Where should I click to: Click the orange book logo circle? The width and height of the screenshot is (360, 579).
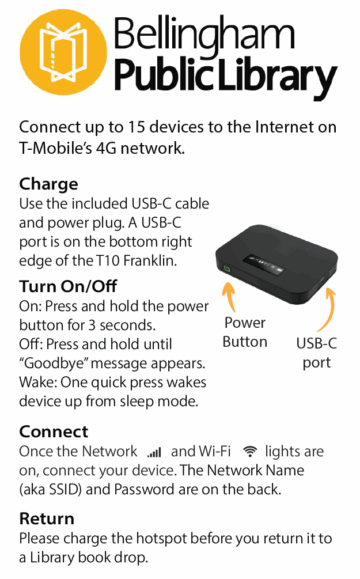point(63,52)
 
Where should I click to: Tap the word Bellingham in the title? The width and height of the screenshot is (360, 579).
point(205,36)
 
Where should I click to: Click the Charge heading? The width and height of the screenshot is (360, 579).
point(48,184)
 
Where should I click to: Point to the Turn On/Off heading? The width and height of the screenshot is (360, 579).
point(68,286)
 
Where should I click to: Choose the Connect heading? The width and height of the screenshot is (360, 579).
point(54,432)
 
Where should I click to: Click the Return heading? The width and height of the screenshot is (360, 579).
point(47,518)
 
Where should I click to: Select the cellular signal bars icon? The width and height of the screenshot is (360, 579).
point(154,452)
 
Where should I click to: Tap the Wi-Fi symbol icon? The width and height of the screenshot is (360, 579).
point(250,451)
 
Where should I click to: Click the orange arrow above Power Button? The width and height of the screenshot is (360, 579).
point(230,296)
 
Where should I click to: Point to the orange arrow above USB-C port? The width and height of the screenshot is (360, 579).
point(327,310)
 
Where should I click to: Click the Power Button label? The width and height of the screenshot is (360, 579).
point(245,332)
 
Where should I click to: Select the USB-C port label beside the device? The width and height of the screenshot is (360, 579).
point(316,353)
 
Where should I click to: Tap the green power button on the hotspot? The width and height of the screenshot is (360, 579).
point(227,269)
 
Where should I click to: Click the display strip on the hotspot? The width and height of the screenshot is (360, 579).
point(263,264)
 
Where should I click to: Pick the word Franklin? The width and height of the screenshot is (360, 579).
point(150,261)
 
